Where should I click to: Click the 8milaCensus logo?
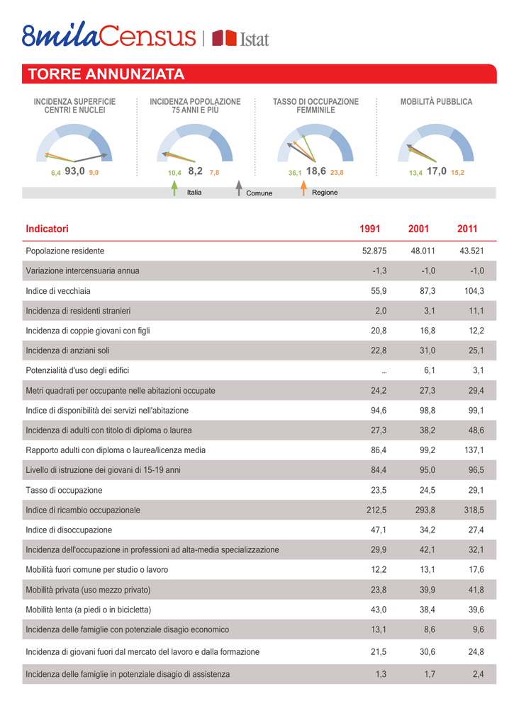tap(108, 35)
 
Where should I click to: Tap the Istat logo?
tap(241, 38)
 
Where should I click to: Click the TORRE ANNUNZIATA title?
tap(106, 74)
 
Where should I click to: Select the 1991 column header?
tap(369, 229)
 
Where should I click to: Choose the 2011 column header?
tap(466, 229)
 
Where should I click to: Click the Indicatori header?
tap(47, 229)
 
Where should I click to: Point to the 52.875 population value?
tap(374, 251)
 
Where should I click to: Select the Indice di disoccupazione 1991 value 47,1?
tap(379, 530)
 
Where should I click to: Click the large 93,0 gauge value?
tap(74, 171)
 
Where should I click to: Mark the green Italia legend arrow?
tap(174, 188)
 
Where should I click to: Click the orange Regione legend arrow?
tap(303, 188)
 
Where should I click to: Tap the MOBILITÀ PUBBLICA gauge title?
tap(436, 102)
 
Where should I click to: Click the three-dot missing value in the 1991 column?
tap(384, 371)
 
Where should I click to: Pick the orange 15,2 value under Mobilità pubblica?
tap(457, 173)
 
